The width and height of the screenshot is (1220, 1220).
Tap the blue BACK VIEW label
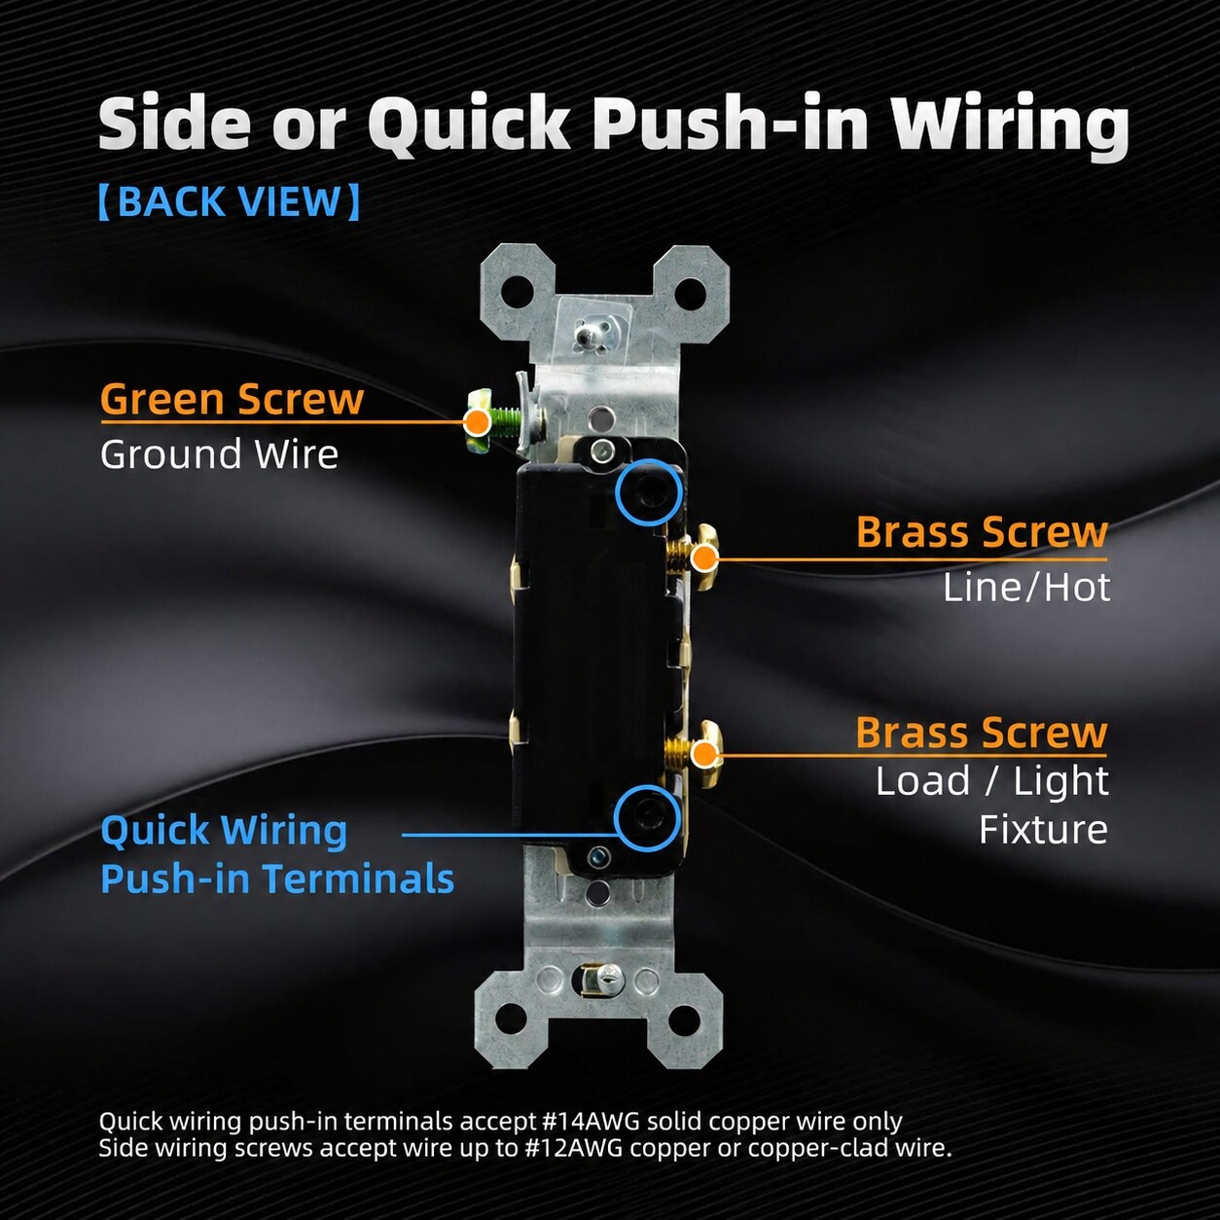coord(230,201)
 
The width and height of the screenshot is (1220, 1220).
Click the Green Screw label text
coord(232,399)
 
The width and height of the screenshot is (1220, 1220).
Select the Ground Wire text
coord(219,454)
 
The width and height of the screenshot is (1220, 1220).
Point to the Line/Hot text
coord(1026,588)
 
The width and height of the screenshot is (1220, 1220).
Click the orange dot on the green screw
coord(479,421)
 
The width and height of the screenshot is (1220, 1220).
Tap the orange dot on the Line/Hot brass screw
coord(703,558)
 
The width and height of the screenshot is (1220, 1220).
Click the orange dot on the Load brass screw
coord(703,754)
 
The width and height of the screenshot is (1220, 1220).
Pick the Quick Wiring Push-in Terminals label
coord(277,854)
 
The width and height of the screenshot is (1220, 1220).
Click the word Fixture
coord(1043,829)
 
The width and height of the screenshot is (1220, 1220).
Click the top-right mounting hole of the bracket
coord(688,293)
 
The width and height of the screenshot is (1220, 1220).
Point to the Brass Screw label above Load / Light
coord(982,733)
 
